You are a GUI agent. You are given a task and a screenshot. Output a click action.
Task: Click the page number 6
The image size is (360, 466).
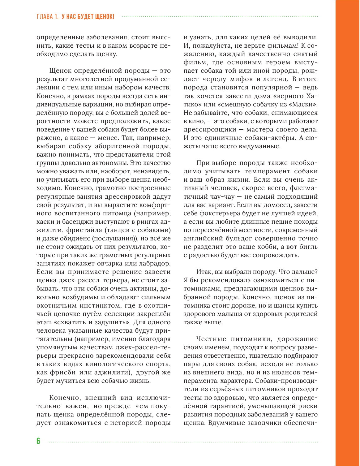pyautogui.click(x=38, y=441)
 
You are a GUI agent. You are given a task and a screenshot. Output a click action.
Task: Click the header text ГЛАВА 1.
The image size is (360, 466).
pyautogui.click(x=48, y=17)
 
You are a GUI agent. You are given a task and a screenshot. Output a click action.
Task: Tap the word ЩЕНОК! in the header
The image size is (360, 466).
pyautogui.click(x=104, y=17)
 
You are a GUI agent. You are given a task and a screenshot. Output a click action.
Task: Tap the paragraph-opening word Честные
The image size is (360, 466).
pyautogui.click(x=211, y=339)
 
